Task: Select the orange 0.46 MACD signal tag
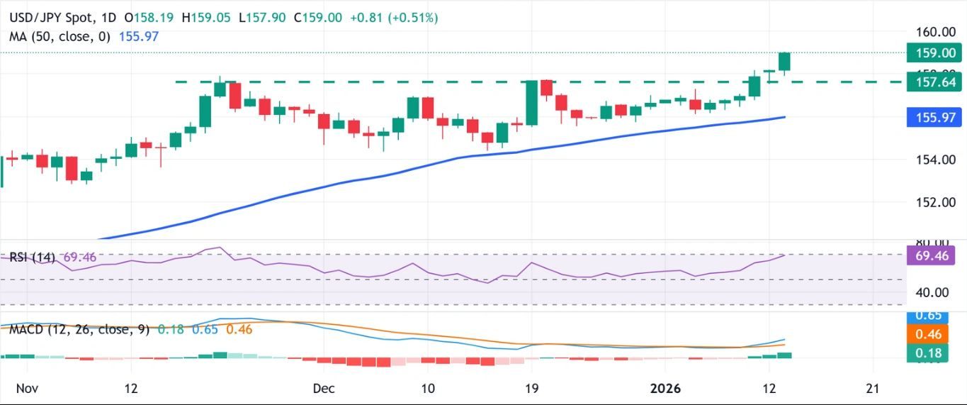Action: (x=927, y=334)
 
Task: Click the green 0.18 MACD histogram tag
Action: (x=927, y=353)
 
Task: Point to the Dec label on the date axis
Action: (x=323, y=388)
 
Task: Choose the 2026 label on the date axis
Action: (x=665, y=388)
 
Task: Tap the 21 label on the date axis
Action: (x=873, y=388)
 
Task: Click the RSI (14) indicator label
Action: (x=33, y=257)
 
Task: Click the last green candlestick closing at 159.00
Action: (x=784, y=62)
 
